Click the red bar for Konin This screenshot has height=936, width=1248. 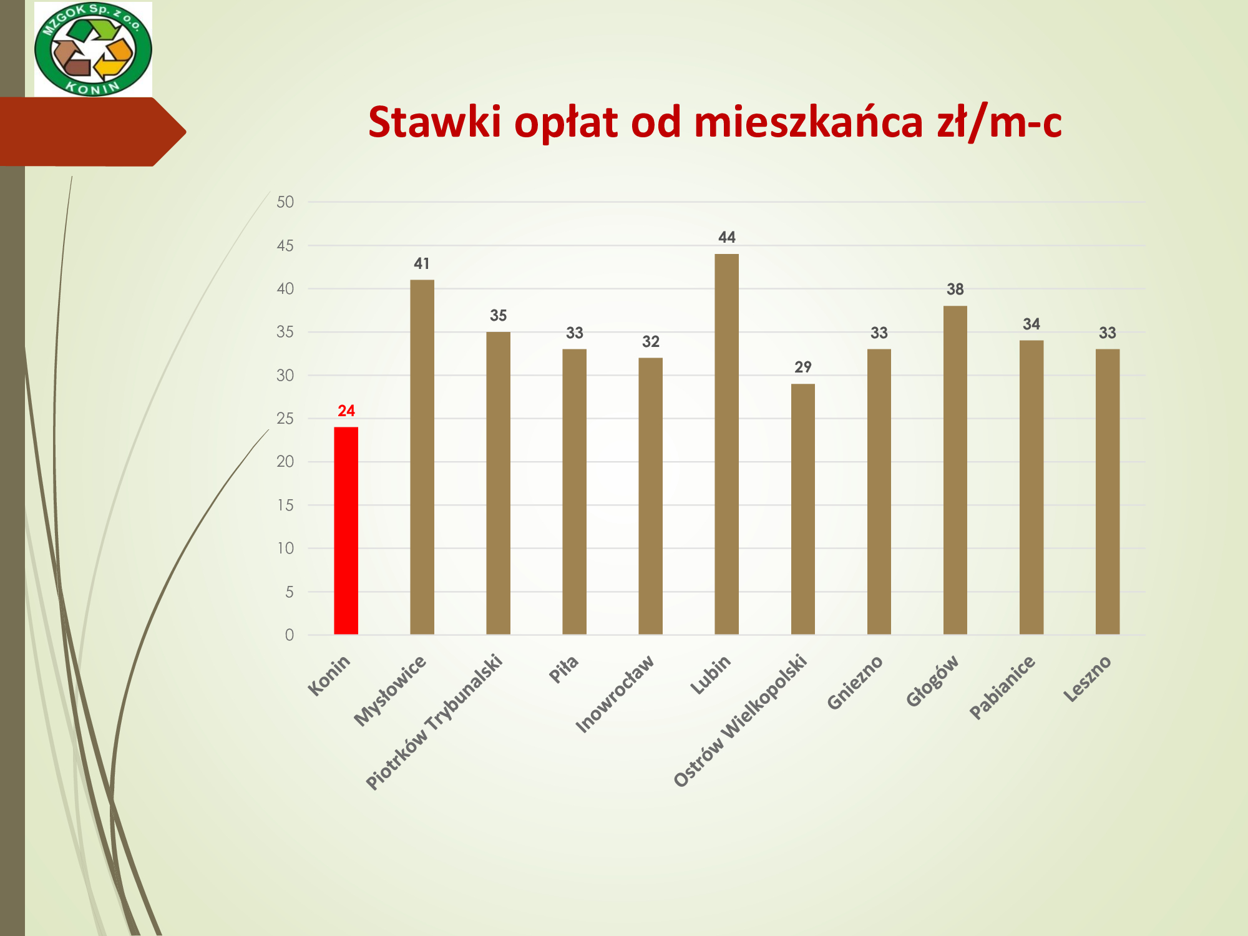pyautogui.click(x=346, y=530)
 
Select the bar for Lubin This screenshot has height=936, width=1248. pyautogui.click(x=726, y=444)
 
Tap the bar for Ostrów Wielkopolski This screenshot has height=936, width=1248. pyautogui.click(x=802, y=509)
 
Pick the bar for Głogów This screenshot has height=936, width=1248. pyautogui.click(x=955, y=470)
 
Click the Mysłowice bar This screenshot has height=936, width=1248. pyautogui.click(x=422, y=457)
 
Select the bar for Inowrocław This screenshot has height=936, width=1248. pyautogui.click(x=650, y=496)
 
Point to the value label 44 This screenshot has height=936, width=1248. pyautogui.click(x=727, y=237)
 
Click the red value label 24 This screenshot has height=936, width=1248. pyautogui.click(x=346, y=411)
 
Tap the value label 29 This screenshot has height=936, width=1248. pyautogui.click(x=803, y=367)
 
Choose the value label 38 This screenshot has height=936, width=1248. pyautogui.click(x=955, y=289)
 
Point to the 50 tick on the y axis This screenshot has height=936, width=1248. pyautogui.click(x=285, y=202)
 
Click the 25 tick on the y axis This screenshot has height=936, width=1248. pyautogui.click(x=285, y=418)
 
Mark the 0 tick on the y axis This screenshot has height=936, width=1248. pyautogui.click(x=290, y=635)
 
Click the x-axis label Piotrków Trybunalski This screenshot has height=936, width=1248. pyautogui.click(x=434, y=722)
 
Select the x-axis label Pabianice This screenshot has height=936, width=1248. pyautogui.click(x=1002, y=687)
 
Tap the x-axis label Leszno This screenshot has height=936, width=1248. pyautogui.click(x=1088, y=679)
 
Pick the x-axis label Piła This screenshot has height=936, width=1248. pyautogui.click(x=564, y=670)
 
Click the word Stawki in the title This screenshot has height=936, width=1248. pyautogui.click(x=435, y=121)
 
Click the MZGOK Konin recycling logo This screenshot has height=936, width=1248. pyautogui.click(x=93, y=49)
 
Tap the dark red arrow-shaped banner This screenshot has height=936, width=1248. pyautogui.click(x=92, y=132)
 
